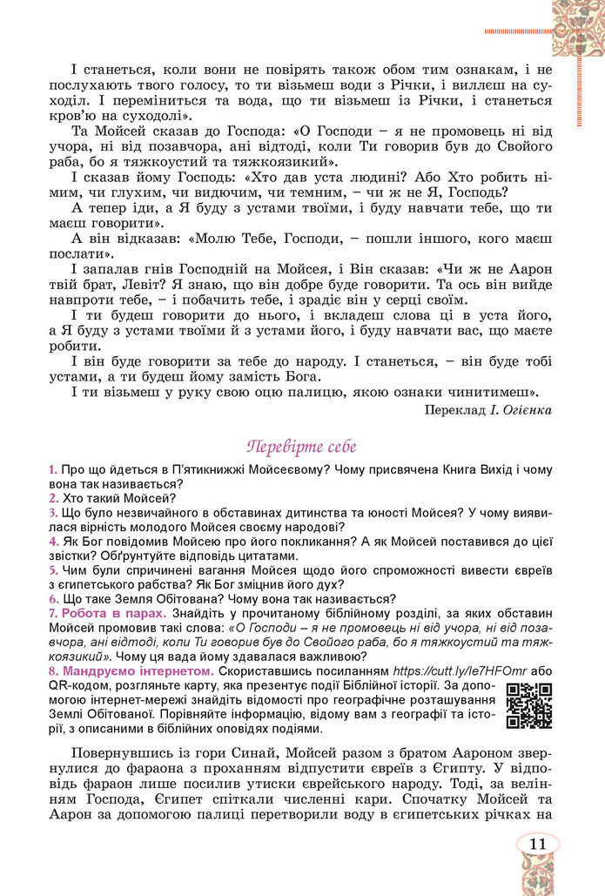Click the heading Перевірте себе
click(302, 448)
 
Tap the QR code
click(530, 705)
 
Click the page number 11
click(537, 844)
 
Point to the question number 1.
click(53, 469)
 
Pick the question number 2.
click(53, 499)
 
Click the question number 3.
click(53, 514)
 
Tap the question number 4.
click(53, 542)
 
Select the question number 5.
click(53, 570)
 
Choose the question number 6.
click(53, 599)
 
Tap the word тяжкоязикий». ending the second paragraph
click(283, 162)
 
